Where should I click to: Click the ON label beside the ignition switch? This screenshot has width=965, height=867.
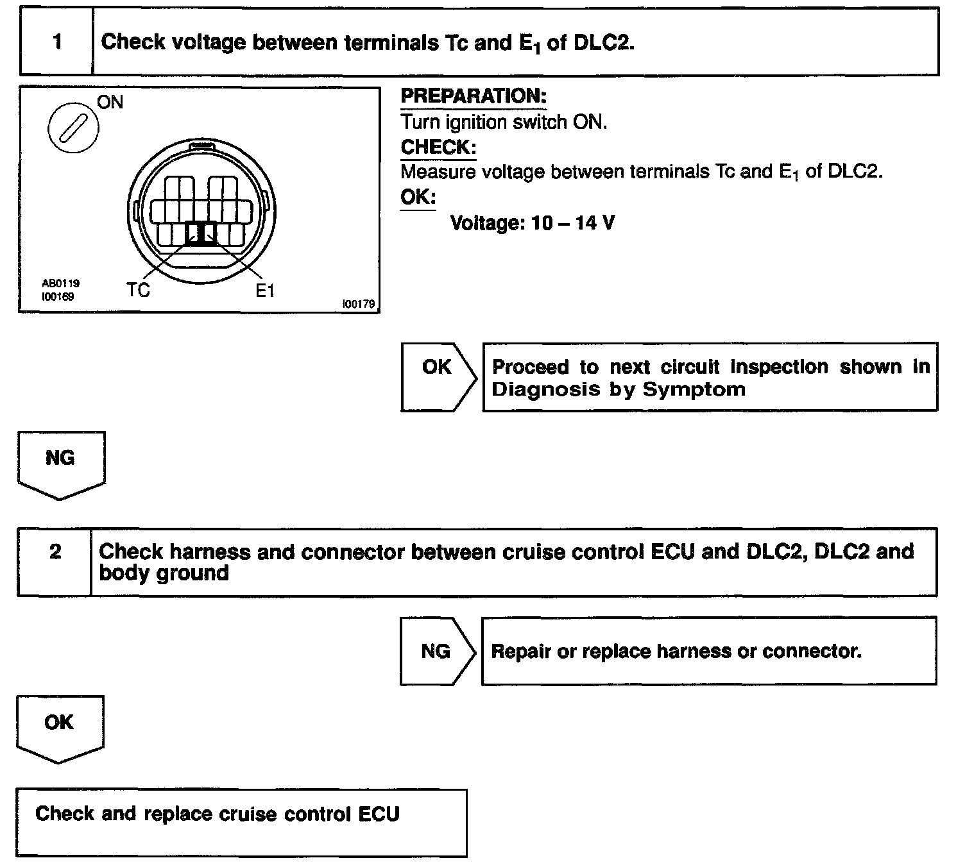click(110, 103)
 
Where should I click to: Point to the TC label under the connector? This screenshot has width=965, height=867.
click(138, 290)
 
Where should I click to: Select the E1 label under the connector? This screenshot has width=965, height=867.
click(264, 290)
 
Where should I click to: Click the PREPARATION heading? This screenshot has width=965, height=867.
click(474, 97)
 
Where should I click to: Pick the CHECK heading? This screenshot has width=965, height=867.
click(438, 147)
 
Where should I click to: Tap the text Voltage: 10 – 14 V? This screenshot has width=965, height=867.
click(533, 223)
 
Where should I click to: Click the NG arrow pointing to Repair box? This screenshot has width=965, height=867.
click(436, 652)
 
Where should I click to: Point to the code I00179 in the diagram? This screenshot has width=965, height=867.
click(359, 304)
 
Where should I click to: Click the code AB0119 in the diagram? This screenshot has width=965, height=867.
click(61, 283)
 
